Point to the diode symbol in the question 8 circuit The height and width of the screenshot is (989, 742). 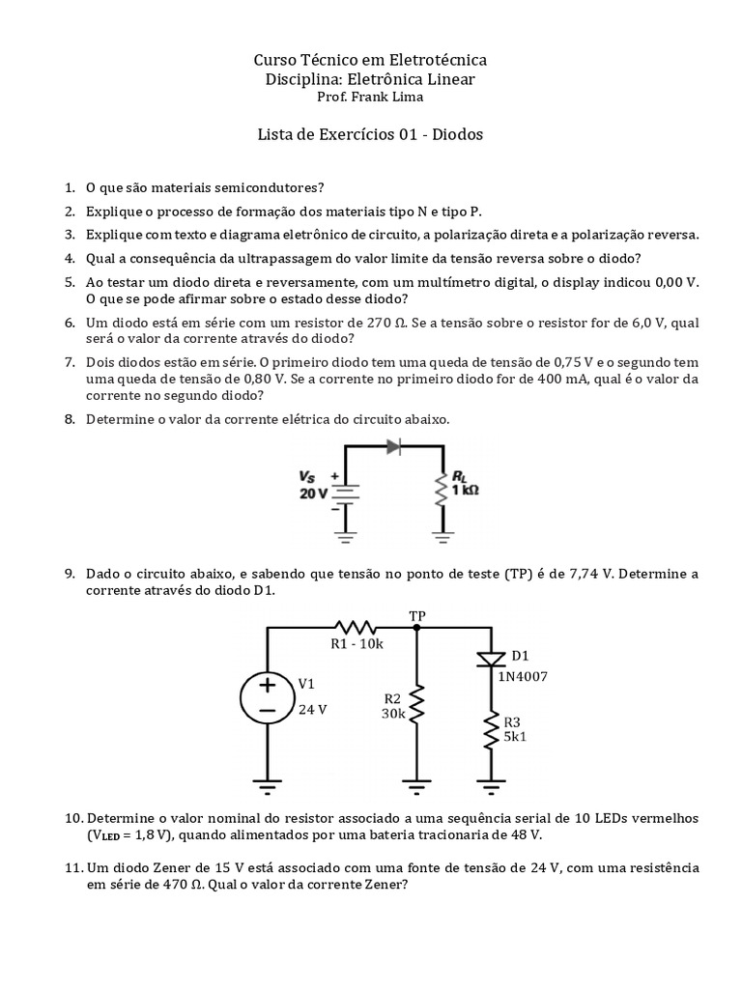(393, 447)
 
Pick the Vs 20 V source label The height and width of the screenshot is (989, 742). (314, 485)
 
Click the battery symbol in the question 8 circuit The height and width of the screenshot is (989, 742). (347, 492)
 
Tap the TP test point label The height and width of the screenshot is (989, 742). (417, 615)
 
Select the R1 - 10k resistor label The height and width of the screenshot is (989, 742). (357, 644)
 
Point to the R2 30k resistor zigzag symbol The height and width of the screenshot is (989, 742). (416, 707)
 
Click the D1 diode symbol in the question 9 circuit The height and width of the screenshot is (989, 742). (490, 659)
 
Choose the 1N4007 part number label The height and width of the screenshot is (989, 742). (523, 676)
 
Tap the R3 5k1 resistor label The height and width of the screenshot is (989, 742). (516, 728)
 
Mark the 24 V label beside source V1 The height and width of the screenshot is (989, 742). (312, 709)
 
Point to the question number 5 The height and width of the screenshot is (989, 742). (70, 282)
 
